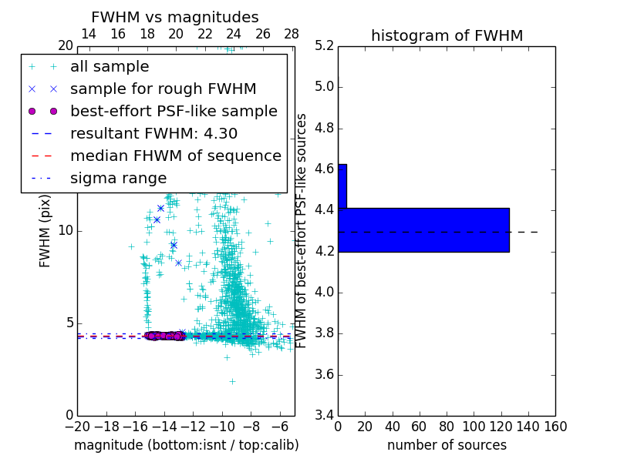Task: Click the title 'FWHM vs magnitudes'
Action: [175, 17]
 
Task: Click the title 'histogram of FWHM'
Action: [447, 35]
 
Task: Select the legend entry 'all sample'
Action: [110, 67]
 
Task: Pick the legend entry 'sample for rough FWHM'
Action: [163, 89]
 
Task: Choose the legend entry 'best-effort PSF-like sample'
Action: [174, 111]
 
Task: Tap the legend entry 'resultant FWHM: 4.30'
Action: [153, 133]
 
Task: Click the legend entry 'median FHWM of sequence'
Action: [175, 156]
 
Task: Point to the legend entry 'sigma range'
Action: [118, 178]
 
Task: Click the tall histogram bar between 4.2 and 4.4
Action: [423, 229]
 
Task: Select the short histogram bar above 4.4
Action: [342, 186]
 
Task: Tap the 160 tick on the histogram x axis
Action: [555, 426]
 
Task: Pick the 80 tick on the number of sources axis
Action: [447, 426]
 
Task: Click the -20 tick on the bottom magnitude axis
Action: [77, 426]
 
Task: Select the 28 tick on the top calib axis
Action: [292, 34]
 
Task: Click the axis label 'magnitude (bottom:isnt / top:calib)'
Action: [186, 445]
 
